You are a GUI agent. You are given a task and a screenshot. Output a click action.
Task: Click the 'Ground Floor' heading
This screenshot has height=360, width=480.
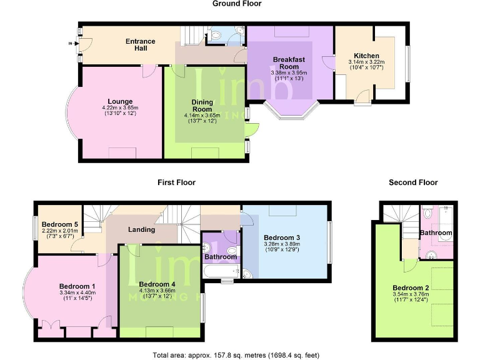click(236, 4)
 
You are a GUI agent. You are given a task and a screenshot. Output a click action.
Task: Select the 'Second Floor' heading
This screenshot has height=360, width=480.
click(412, 182)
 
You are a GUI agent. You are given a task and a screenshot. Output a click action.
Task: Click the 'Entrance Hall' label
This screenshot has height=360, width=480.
click(140, 45)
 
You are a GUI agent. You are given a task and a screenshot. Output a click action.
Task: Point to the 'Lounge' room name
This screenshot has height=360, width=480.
click(119, 101)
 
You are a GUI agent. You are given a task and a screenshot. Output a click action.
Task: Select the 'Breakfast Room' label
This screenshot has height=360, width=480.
click(288, 63)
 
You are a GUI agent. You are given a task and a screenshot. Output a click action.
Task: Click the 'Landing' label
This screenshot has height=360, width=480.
click(141, 229)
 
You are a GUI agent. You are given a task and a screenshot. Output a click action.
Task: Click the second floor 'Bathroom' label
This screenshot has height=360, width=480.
click(435, 232)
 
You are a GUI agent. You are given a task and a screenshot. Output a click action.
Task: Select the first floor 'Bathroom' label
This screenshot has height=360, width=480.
click(221, 257)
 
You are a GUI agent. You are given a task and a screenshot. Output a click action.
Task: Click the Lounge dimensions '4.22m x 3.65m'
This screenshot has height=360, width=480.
click(119, 107)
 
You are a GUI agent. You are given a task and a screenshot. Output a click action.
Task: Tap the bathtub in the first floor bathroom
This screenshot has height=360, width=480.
click(221, 271)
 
